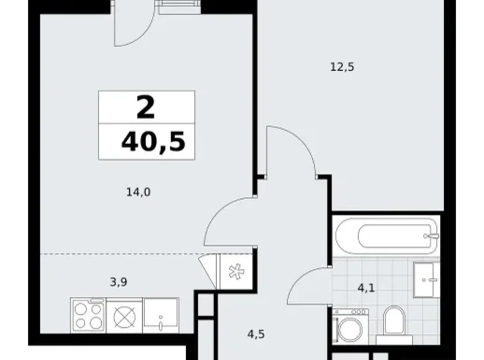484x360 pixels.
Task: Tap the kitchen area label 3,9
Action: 120,282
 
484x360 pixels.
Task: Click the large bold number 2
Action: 146,109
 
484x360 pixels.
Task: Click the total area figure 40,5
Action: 153,142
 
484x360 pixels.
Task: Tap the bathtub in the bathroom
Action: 386,235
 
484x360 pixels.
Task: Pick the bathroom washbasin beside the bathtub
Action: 426,279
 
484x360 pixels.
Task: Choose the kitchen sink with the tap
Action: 161,313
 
